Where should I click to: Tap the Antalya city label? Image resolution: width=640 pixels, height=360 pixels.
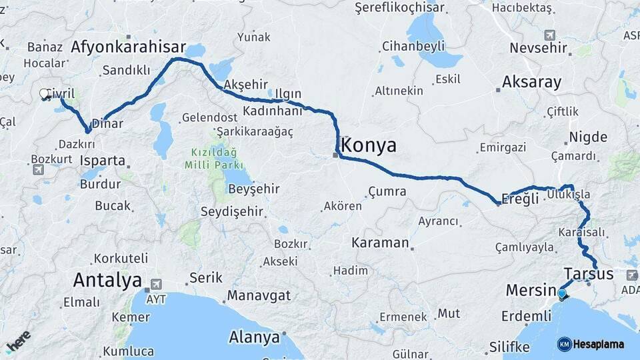click(107, 279)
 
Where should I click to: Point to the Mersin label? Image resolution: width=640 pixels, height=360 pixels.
click(531, 290)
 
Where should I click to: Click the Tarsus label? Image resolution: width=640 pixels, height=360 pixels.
click(589, 274)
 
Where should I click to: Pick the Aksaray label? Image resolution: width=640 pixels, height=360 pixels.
click(532, 83)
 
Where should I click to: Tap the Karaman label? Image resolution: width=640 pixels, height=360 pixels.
click(380, 242)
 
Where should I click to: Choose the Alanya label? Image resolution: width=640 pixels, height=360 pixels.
click(254, 337)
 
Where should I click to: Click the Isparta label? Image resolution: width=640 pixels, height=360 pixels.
click(102, 161)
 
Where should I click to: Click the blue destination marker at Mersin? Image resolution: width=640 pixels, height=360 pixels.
click(562, 294)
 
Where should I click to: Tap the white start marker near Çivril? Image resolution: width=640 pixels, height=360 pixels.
click(45, 95)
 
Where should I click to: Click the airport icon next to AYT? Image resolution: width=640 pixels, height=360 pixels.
click(157, 283)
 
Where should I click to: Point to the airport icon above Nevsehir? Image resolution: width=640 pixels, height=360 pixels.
click(549, 35)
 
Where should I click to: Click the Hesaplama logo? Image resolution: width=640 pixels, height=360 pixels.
click(591, 344)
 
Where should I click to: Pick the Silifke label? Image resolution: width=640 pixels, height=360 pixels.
click(509, 347)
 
